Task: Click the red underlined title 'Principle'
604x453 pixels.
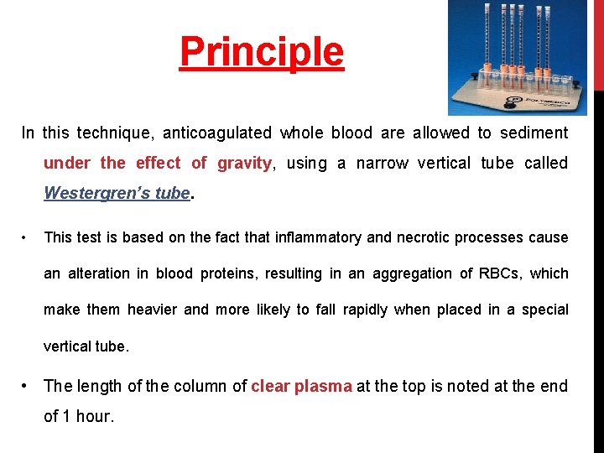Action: coord(262,52)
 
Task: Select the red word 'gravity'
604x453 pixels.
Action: coord(243,163)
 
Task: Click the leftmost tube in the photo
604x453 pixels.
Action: coord(487,42)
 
